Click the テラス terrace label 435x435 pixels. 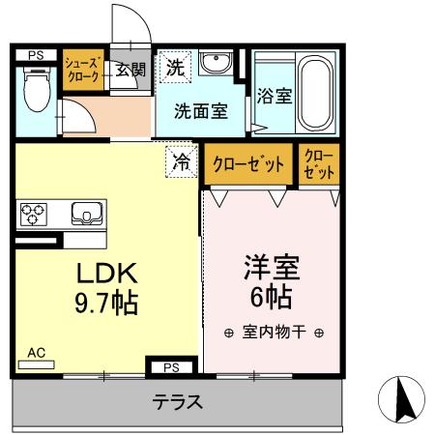pos(178,403)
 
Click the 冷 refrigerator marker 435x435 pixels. pos(181,161)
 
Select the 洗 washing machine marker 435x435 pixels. pos(175,68)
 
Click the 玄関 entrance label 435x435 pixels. pos(130,69)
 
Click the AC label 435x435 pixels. pos(36,353)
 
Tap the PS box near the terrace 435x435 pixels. pos(171,367)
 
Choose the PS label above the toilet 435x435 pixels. pos(35,55)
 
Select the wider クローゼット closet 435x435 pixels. pos(248,164)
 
